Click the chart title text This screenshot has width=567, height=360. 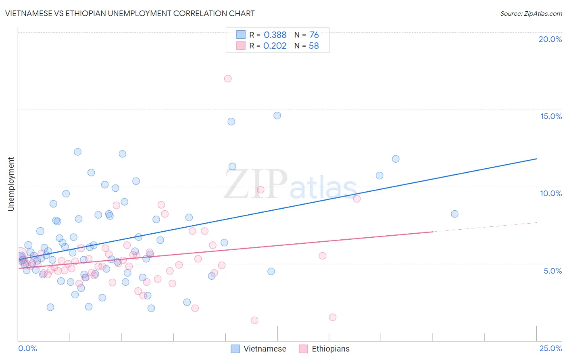130,13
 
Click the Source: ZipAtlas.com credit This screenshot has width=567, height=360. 531,14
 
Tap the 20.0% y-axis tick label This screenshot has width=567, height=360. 550,39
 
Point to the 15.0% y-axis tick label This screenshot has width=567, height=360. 551,116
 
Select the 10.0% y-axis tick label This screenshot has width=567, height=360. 551,193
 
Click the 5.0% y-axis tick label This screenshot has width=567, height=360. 552,271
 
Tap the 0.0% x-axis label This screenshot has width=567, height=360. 27,348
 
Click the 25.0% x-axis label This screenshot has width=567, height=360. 550,348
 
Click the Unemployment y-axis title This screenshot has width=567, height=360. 11,184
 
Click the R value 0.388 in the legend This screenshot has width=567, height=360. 275,35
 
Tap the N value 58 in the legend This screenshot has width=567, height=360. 314,46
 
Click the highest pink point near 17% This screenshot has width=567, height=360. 228,79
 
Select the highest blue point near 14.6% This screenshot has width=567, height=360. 277,115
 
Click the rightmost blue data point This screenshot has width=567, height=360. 454,214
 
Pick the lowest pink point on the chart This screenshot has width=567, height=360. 254,320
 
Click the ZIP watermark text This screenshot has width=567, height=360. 256,185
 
